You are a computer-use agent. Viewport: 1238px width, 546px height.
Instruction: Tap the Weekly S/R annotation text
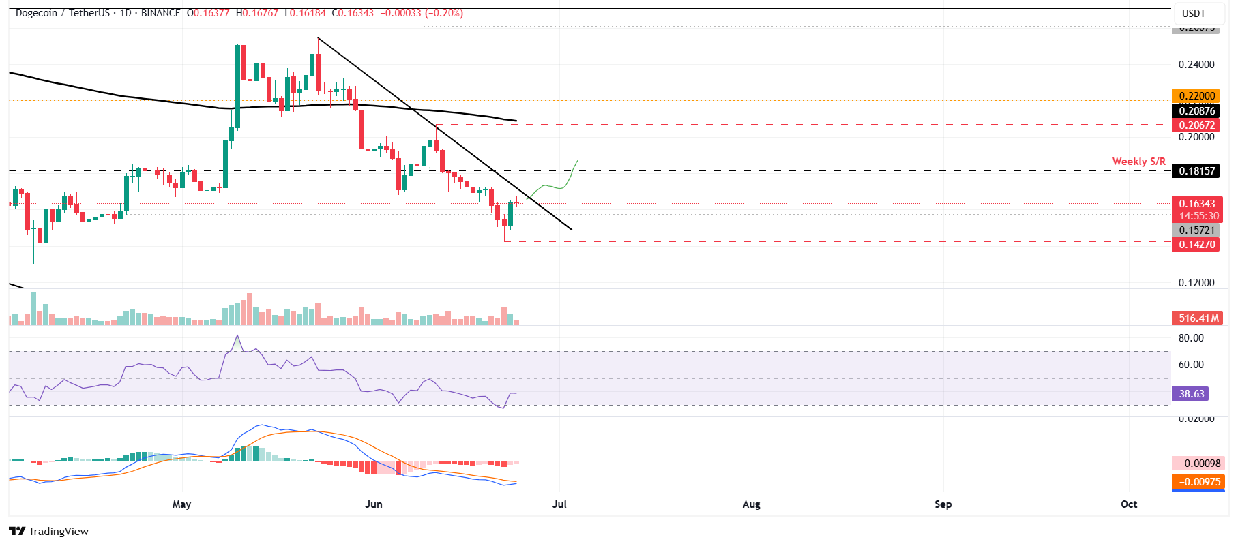tap(1138, 162)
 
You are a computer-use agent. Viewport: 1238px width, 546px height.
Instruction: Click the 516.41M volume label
tap(1198, 318)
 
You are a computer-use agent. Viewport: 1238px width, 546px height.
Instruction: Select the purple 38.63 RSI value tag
tap(1191, 394)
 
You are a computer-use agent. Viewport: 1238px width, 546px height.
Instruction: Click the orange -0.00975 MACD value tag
tap(1198, 482)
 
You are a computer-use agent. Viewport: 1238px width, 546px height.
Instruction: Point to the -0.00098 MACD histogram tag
tap(1198, 464)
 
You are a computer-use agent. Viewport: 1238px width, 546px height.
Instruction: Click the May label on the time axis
tap(182, 504)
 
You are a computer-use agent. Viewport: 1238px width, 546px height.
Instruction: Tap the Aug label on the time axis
tap(751, 504)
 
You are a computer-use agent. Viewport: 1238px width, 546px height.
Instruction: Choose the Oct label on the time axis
tap(1129, 504)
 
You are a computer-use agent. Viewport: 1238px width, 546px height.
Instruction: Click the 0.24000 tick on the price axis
tap(1196, 65)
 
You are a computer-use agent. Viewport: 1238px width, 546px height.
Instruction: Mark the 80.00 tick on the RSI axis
tap(1191, 338)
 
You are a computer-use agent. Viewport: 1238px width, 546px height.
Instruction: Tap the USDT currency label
tap(1194, 14)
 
